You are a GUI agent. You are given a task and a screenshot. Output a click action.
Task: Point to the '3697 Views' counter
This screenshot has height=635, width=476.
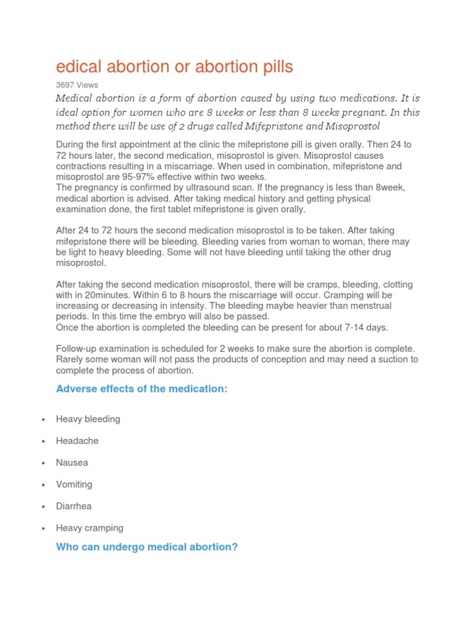pos(77,85)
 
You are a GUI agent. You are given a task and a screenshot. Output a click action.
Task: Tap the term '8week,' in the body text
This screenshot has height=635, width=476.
pos(391,187)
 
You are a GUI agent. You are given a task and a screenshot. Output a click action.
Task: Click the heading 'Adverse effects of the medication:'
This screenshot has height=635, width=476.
pos(142,389)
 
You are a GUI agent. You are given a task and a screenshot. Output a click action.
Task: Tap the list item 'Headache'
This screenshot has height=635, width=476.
pos(77,441)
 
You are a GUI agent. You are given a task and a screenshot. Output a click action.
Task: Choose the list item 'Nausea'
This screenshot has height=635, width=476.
pos(72,463)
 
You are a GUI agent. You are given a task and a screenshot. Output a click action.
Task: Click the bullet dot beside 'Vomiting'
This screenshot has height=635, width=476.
pos(43,485)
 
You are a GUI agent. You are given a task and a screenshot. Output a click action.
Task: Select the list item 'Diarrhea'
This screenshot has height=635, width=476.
pos(74,506)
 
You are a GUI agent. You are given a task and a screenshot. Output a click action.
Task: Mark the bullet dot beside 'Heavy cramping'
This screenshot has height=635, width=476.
pos(43,528)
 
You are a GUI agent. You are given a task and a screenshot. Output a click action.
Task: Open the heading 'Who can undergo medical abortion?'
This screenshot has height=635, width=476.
pos(147,548)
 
